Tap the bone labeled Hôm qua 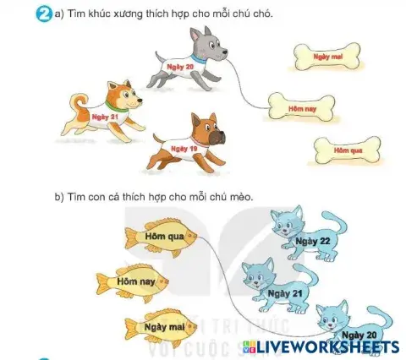[x=342, y=150]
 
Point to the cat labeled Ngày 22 [x=304, y=235]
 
